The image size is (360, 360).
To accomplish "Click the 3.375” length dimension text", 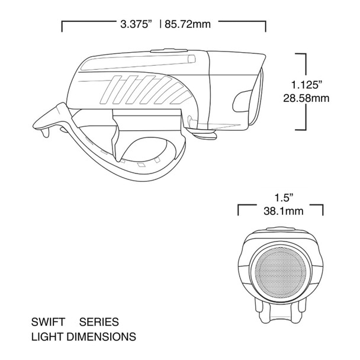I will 136,25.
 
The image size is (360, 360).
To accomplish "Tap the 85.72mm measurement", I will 189,25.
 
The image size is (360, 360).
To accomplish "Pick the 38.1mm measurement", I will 281,210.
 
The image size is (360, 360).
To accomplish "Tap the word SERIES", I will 99,323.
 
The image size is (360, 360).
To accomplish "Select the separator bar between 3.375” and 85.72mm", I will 160,25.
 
